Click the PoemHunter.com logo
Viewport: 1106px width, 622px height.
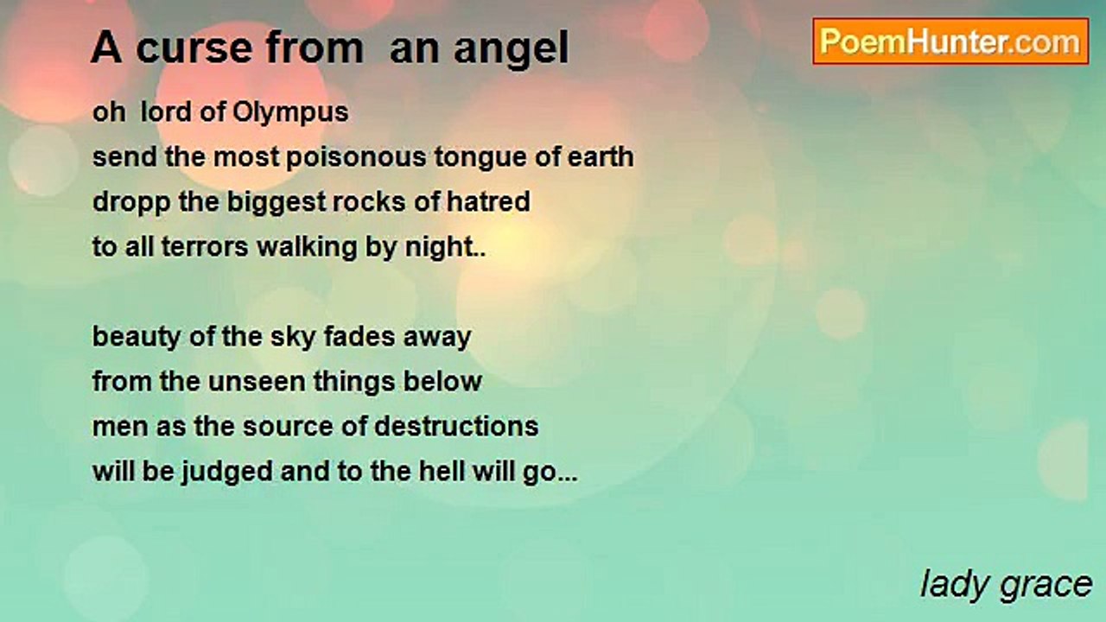(950, 41)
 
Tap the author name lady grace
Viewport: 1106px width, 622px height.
(1006, 585)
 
